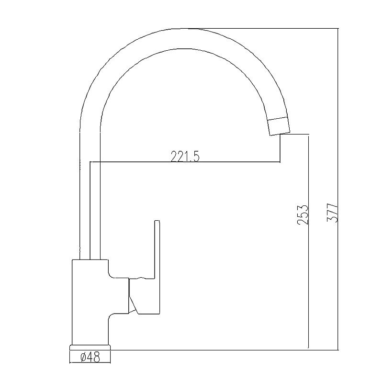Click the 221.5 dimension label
185,157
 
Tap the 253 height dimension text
303,214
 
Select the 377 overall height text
332,213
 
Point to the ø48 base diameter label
90,358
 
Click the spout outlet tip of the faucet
280,134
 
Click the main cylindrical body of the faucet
90,302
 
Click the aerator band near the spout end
279,126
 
